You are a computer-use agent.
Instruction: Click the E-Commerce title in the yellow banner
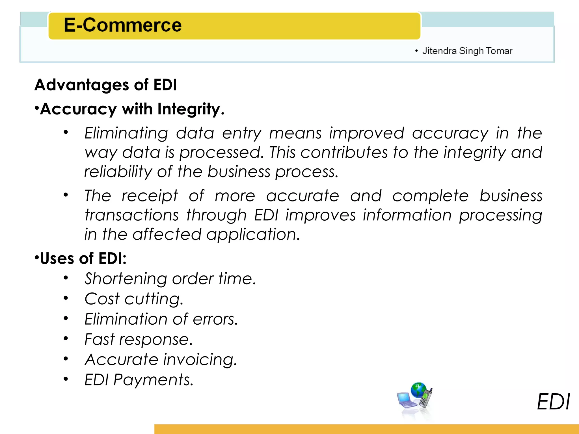[x=123, y=25]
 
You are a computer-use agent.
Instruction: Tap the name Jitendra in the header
[x=439, y=51]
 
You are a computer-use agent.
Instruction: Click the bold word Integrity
[x=191, y=109]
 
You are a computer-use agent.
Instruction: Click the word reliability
[x=118, y=172]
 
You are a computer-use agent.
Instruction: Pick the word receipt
[x=150, y=196]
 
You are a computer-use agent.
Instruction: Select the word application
[x=253, y=234]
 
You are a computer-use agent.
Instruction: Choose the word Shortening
[x=126, y=279]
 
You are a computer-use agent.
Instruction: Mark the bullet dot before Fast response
[x=66, y=338]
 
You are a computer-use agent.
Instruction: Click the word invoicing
[x=200, y=359]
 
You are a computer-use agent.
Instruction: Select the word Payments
[x=153, y=379]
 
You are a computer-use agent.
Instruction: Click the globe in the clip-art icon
[x=418, y=390]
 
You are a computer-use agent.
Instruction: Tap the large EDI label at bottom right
[x=553, y=402]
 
